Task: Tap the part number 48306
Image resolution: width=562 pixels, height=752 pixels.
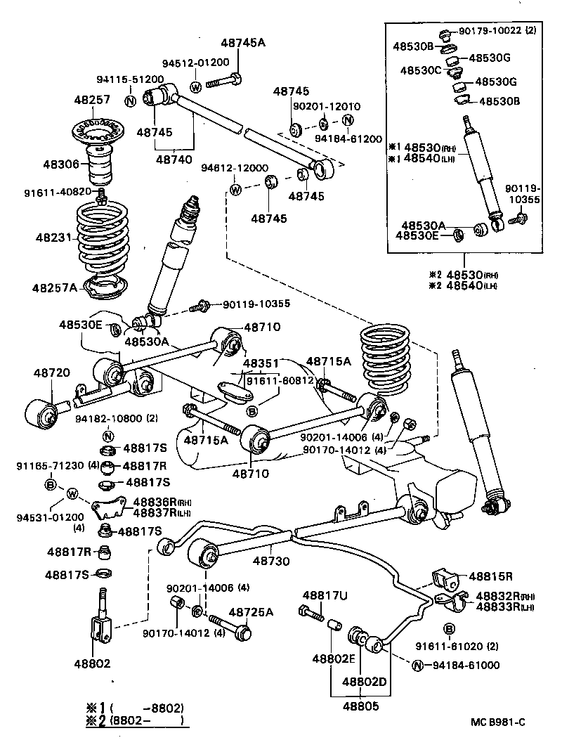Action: point(62,164)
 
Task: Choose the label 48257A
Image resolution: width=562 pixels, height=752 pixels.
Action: point(55,287)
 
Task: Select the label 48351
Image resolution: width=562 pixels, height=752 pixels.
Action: point(262,363)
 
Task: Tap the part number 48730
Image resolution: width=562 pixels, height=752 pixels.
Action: point(271,562)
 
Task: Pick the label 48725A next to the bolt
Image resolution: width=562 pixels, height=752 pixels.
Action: point(251,612)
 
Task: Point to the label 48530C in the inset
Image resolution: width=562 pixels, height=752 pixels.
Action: point(421,70)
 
